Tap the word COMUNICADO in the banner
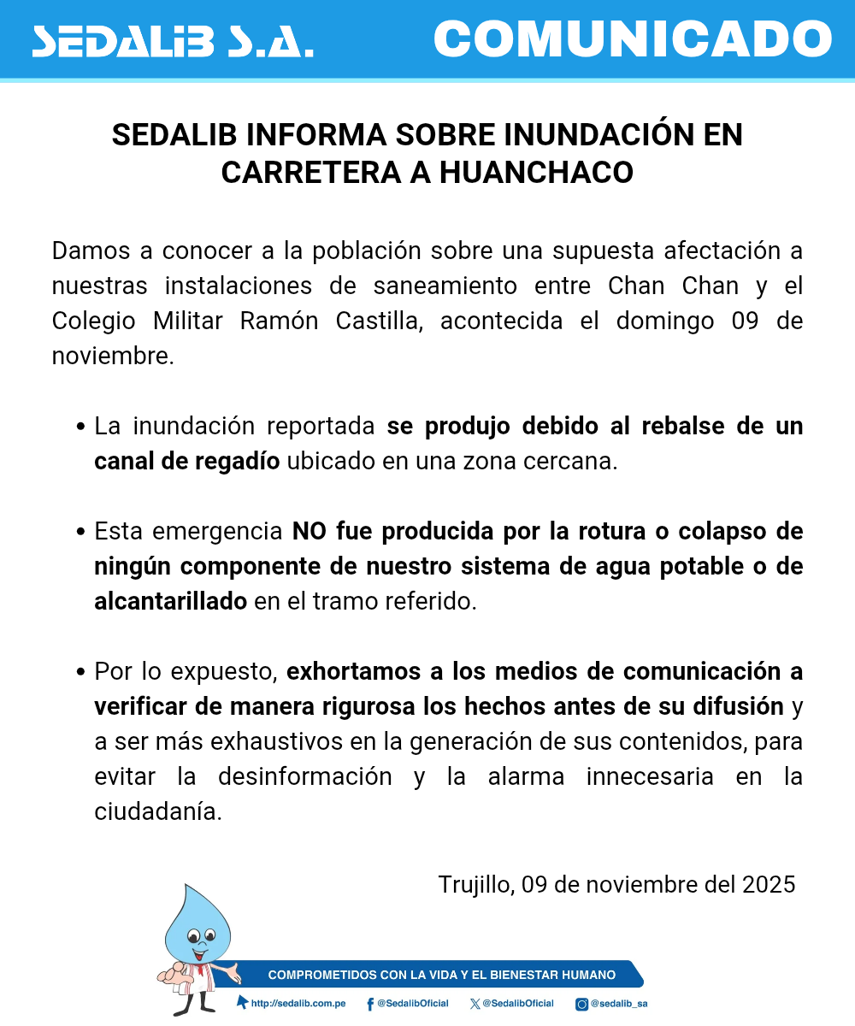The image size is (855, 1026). (x=633, y=38)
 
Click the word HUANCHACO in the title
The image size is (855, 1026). (x=536, y=172)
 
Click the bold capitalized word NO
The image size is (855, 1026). (x=310, y=531)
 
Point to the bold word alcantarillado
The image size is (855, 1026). (x=170, y=601)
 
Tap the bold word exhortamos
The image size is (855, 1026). (x=353, y=671)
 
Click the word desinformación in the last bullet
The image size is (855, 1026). (x=304, y=776)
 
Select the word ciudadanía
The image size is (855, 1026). (x=158, y=811)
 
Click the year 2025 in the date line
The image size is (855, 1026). (x=769, y=883)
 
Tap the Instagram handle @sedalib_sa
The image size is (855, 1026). (x=618, y=1003)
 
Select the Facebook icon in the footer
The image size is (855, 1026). (x=369, y=1004)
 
